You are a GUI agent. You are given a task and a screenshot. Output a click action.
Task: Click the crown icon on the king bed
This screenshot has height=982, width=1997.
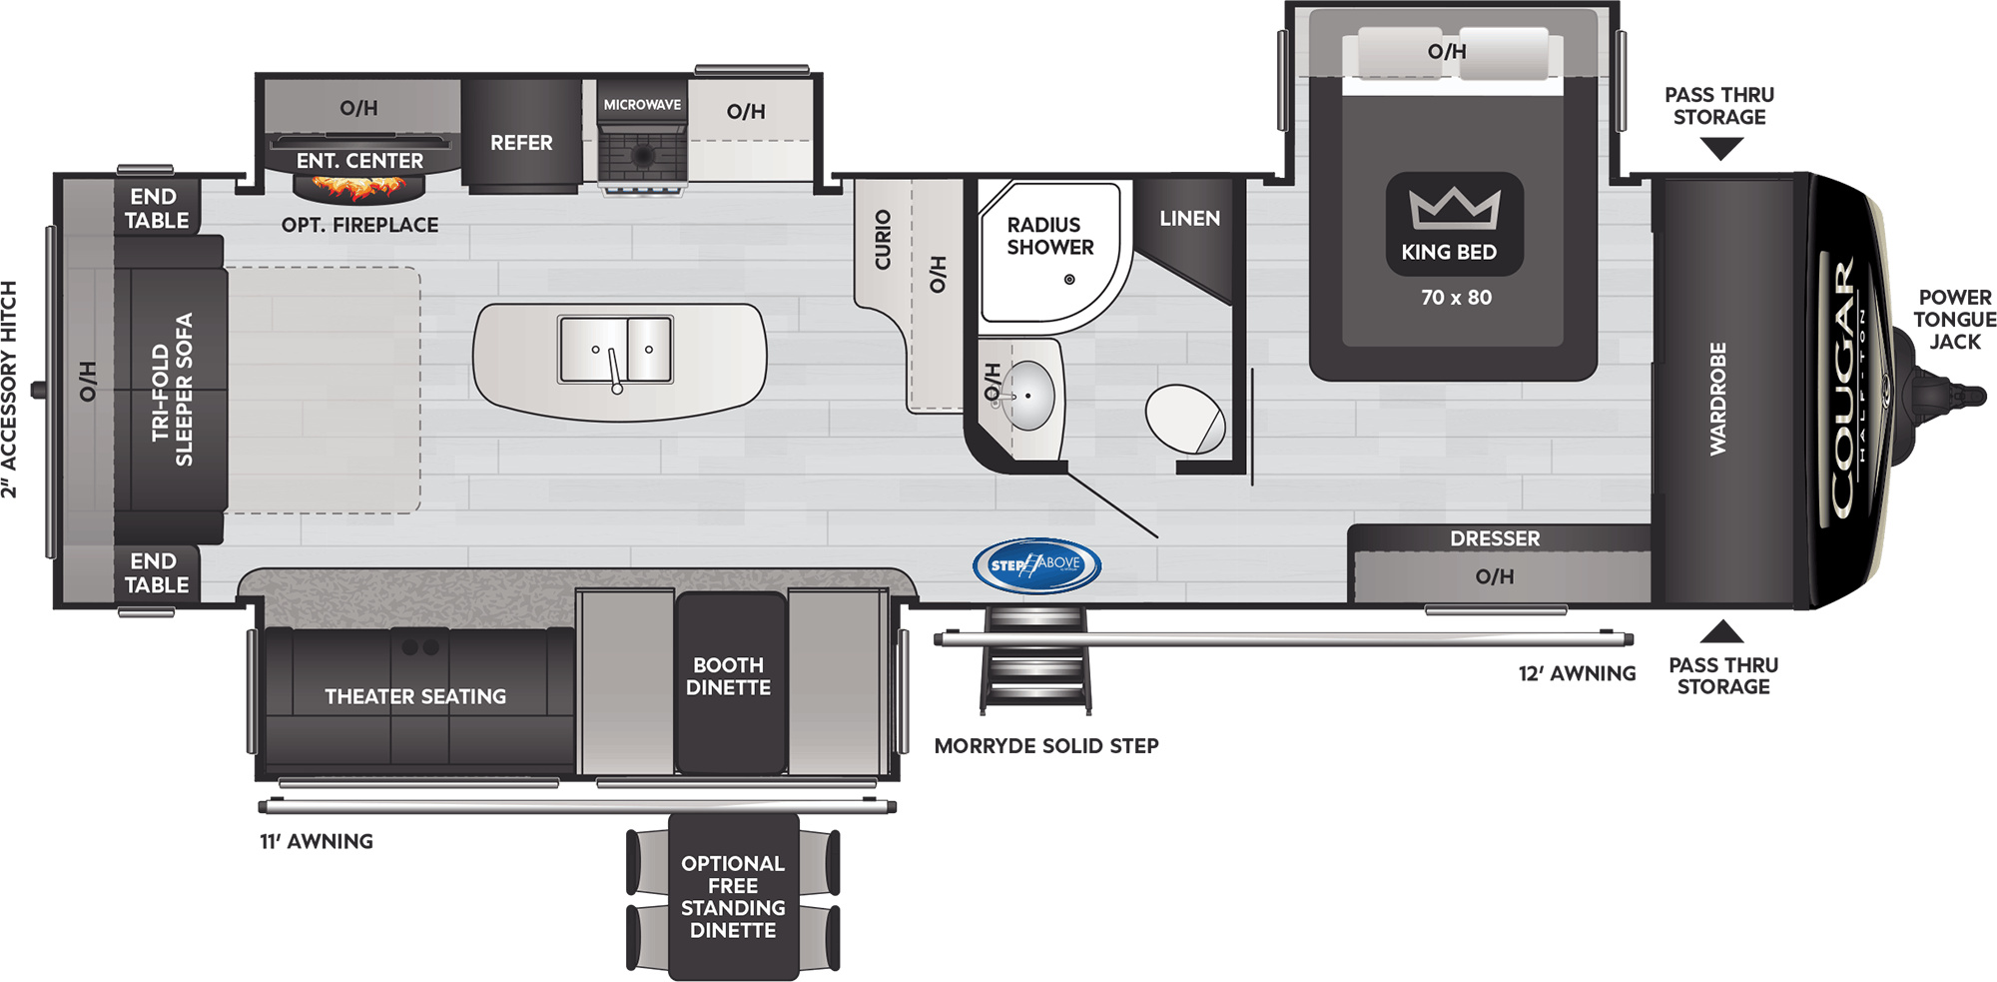[x=1454, y=208]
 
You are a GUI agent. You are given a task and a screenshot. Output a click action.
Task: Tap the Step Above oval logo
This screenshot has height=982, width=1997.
[x=1036, y=565]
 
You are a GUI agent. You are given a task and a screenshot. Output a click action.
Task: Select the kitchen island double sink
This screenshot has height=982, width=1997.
[x=615, y=350]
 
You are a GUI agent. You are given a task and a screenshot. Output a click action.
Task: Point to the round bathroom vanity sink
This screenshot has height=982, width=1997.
[x=1025, y=396]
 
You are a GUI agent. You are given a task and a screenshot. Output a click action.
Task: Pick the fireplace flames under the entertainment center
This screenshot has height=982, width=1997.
[x=358, y=186]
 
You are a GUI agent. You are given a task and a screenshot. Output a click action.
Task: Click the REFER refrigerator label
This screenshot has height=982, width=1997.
[x=521, y=143]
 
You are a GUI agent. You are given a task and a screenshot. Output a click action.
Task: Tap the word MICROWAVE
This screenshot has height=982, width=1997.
[x=642, y=105]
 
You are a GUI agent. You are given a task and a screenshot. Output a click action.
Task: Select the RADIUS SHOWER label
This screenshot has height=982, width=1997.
[x=1049, y=236]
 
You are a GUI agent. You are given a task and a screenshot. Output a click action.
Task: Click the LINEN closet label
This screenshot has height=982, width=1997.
[x=1189, y=218]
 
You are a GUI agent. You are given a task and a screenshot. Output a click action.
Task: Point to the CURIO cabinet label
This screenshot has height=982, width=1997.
[x=883, y=240]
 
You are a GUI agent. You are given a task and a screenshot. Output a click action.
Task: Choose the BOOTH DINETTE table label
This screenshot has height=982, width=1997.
[x=728, y=676]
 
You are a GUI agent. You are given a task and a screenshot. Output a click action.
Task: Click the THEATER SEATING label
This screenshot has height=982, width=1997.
[x=415, y=696]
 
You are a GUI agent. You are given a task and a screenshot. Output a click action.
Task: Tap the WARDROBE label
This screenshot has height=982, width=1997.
[x=1717, y=399]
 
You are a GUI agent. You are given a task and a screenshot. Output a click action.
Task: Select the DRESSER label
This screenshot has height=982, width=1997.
[x=1495, y=538]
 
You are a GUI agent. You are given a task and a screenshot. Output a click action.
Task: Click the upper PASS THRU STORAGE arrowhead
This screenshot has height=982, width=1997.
[x=1720, y=149]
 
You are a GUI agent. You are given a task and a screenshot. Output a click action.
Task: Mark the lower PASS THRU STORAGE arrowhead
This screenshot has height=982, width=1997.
[x=1721, y=631]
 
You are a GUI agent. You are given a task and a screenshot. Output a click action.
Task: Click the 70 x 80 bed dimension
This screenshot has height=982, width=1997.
[x=1456, y=298]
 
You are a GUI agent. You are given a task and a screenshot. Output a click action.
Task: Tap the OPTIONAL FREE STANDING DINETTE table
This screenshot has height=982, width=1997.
[x=733, y=897]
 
